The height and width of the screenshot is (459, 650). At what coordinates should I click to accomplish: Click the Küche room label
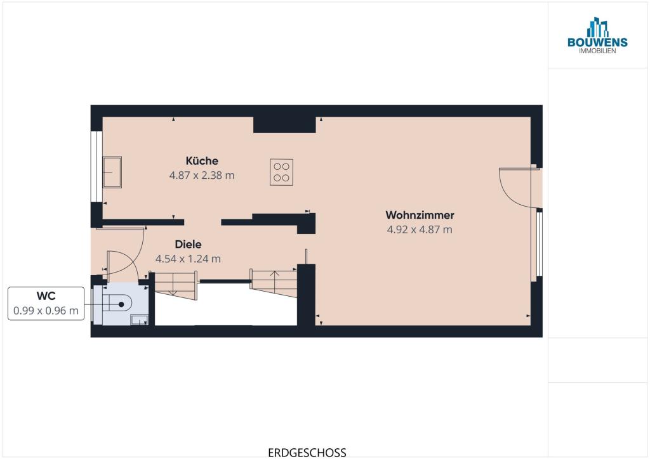[202, 160]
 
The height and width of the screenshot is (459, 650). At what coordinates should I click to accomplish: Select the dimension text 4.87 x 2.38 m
[202, 176]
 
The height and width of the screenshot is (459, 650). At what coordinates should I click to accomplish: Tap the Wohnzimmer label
[420, 215]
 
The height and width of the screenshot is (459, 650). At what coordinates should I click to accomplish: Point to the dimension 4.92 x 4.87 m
[420, 229]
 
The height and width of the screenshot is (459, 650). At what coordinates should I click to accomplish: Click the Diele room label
[188, 244]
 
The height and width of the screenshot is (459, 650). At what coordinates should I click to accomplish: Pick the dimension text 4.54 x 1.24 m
[188, 259]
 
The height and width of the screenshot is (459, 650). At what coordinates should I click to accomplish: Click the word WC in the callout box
[46, 296]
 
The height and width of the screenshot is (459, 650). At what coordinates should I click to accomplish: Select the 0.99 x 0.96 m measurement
[46, 311]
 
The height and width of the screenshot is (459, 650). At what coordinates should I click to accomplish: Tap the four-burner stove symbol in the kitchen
[281, 172]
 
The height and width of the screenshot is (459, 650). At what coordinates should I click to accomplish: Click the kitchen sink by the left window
[112, 172]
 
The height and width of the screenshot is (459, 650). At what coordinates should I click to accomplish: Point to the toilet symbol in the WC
[117, 304]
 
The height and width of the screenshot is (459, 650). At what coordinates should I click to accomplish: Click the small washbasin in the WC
[139, 320]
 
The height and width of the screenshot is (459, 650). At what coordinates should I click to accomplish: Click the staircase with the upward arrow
[274, 283]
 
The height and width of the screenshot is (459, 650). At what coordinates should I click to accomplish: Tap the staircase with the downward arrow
[174, 285]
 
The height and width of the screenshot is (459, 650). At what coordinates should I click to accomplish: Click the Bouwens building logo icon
[597, 27]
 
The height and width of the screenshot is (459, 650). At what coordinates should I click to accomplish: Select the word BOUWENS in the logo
[597, 42]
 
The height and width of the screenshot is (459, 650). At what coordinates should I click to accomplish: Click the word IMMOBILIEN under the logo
[597, 51]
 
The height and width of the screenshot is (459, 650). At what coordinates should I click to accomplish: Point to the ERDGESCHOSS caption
[307, 453]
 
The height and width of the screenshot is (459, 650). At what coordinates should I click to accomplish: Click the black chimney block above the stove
[284, 125]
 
